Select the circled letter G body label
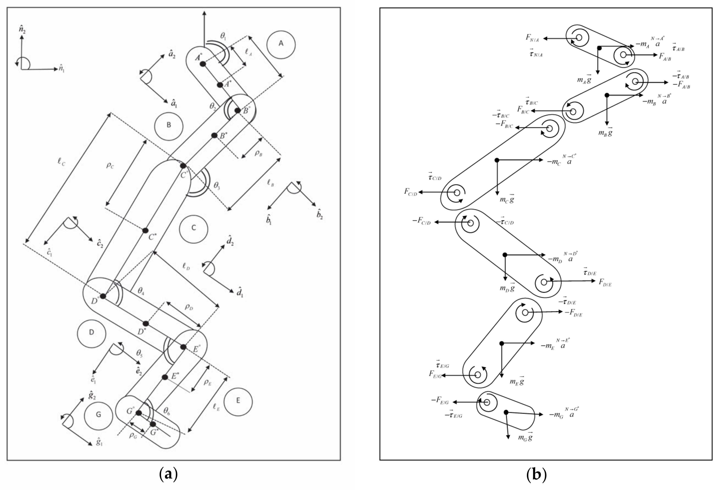(98, 414)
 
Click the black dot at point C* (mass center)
(145, 231)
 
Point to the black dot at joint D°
(103, 296)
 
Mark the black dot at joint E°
(183, 347)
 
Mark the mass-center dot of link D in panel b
(505, 255)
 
